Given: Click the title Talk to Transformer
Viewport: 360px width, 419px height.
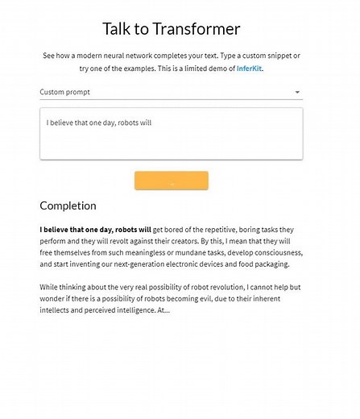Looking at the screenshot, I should coord(172,29).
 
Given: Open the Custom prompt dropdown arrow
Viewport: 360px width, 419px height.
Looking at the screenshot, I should coord(298,93).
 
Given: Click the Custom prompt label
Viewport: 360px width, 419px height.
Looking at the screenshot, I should coord(65,92).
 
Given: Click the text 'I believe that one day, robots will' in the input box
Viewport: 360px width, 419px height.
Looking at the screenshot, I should coord(99,123).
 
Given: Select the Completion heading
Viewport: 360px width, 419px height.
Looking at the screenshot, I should coord(68,205).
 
